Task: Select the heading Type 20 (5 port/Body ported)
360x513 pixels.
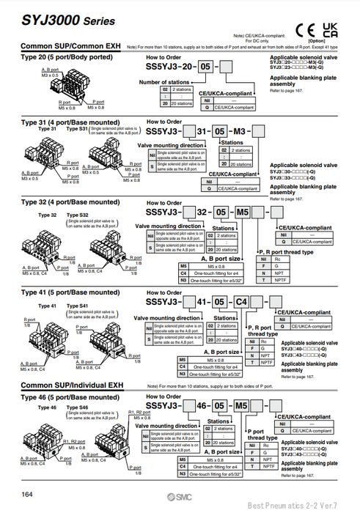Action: (x=63, y=56)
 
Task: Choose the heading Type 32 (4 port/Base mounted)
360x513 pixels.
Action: (x=70, y=202)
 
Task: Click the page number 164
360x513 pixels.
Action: (x=26, y=495)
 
